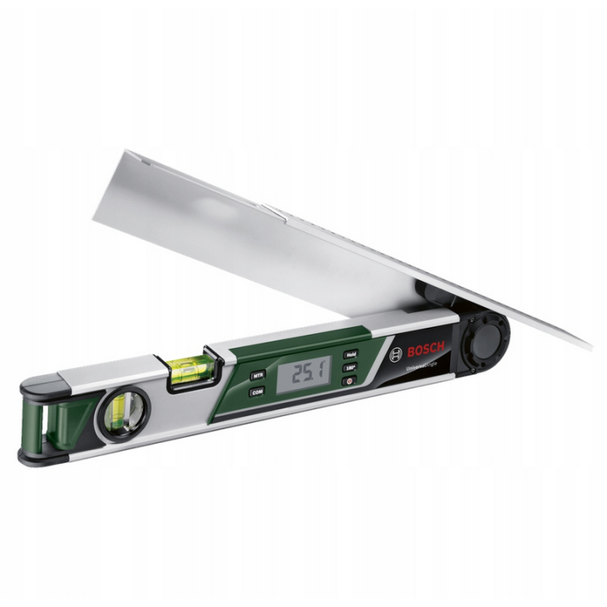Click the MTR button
(x=258, y=375)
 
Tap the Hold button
(x=351, y=354)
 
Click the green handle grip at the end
(x=57, y=421)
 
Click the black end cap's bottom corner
(x=26, y=459)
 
